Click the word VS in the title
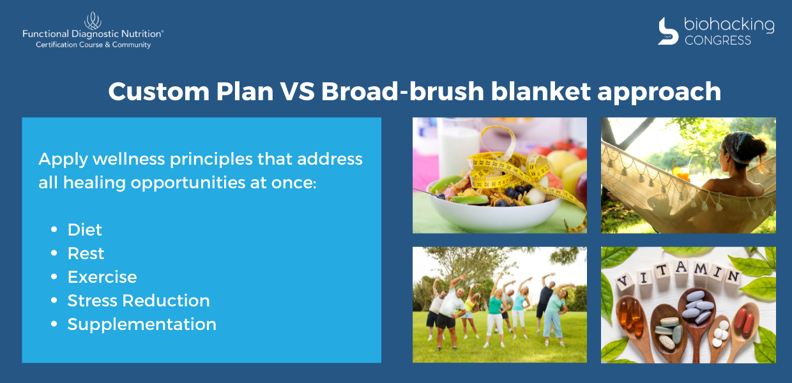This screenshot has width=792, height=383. tap(298, 91)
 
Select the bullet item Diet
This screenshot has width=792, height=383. tap(84, 230)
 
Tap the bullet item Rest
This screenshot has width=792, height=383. tap(86, 253)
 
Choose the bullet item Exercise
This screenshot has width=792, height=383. tap(102, 277)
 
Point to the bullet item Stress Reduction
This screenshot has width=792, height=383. tap(139, 301)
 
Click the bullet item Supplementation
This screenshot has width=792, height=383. tap(142, 325)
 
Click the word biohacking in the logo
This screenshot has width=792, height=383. tap(729, 25)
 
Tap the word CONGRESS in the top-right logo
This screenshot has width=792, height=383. tap(718, 40)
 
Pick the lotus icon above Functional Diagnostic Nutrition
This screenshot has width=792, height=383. tap(93, 20)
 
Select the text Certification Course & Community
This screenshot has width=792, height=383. tap(93, 45)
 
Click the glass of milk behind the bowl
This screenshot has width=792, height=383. tap(458, 148)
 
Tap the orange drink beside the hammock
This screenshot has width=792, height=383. tap(682, 173)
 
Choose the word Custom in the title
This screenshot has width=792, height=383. tap(159, 91)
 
